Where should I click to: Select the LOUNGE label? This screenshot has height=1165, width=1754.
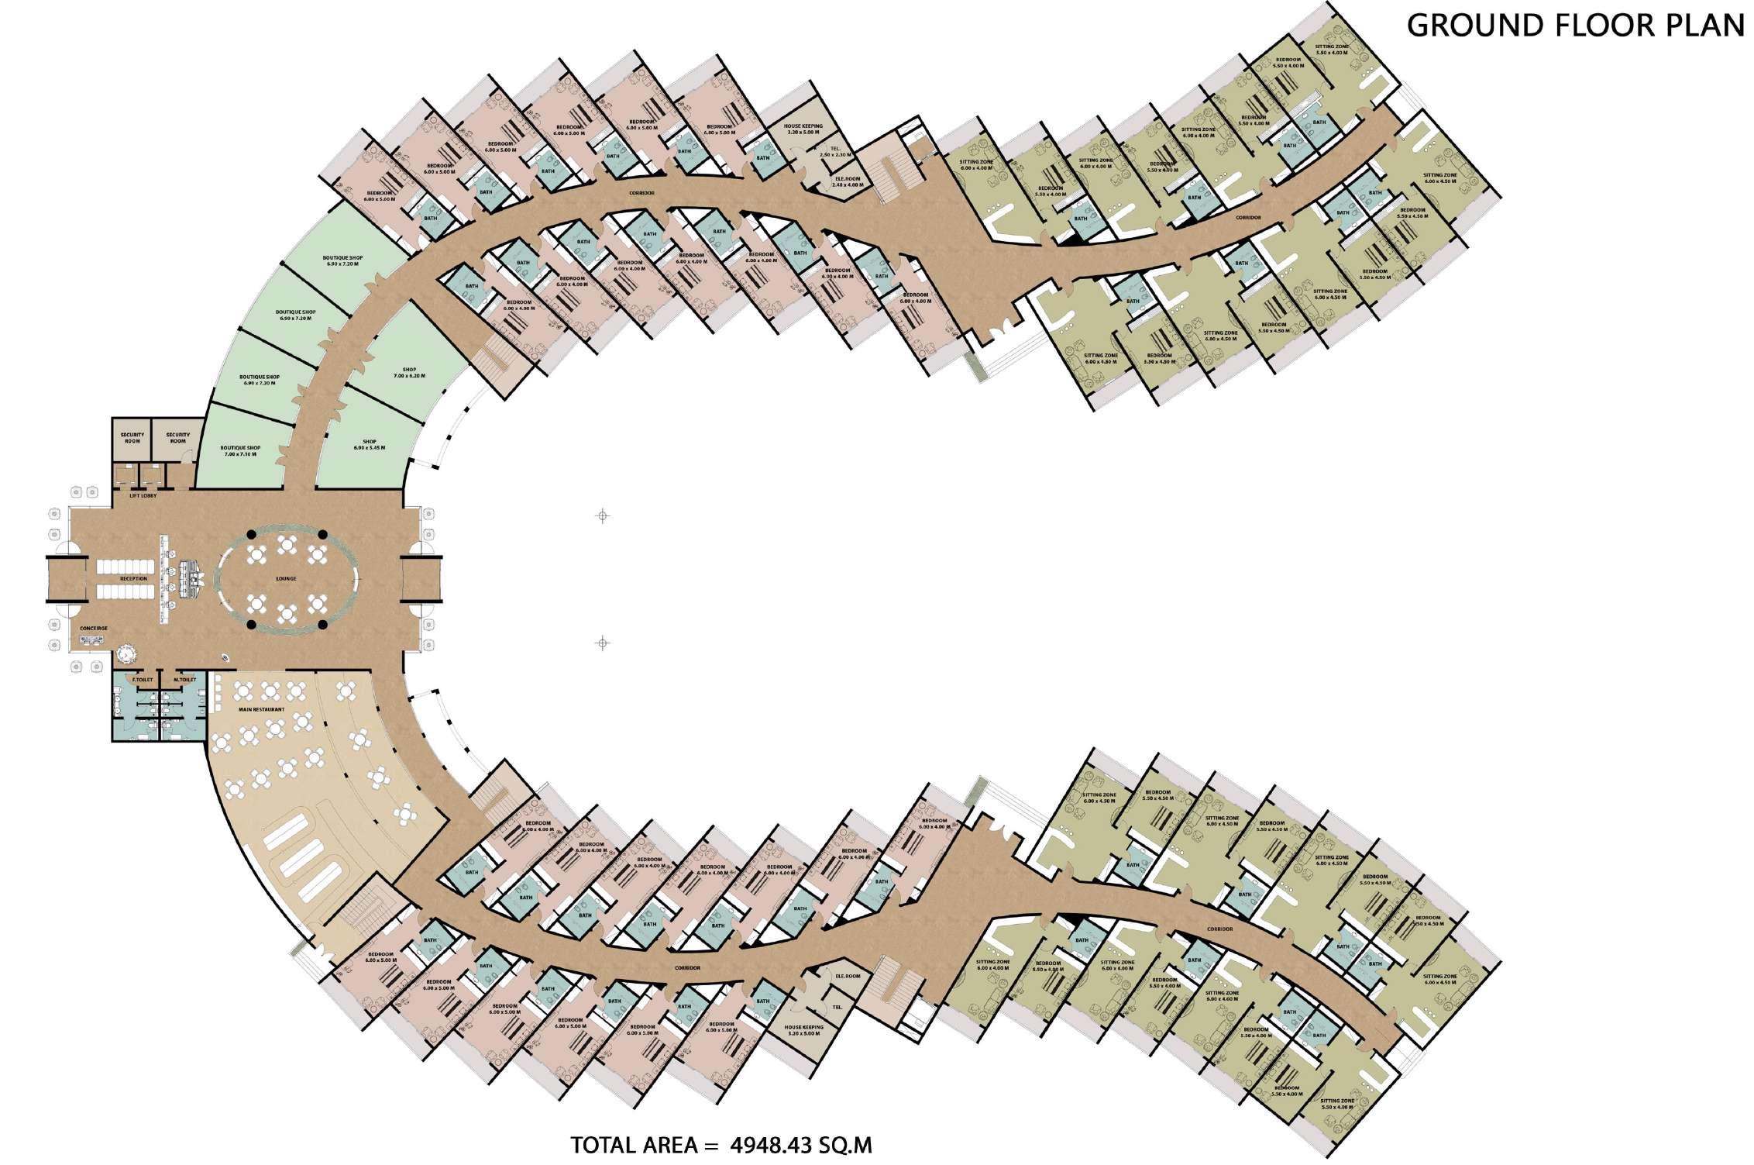(x=286, y=578)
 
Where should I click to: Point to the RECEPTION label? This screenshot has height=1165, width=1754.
(x=133, y=578)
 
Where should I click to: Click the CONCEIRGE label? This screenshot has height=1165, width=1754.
(x=94, y=627)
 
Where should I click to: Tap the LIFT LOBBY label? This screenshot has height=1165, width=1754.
(x=144, y=496)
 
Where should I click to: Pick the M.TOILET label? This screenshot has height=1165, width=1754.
(x=185, y=680)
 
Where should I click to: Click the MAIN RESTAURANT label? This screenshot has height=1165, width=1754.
(x=261, y=709)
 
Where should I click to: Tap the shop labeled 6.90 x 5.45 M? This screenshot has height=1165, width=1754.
(x=370, y=444)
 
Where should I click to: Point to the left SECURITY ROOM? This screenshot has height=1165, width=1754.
(x=132, y=438)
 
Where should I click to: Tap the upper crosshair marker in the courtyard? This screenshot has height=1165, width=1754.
(x=603, y=516)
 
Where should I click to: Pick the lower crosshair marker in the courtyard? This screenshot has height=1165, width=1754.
(x=603, y=643)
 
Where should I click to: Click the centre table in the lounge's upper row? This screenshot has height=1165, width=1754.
(x=287, y=545)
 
